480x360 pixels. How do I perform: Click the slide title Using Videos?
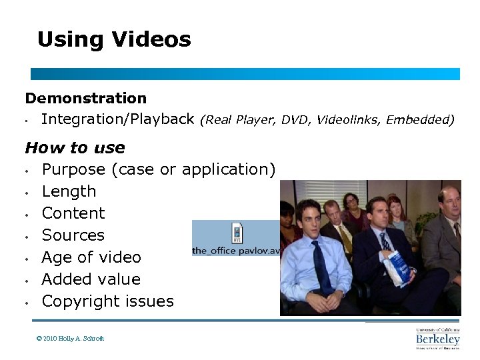coord(114,40)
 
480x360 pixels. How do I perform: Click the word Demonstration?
coord(86,99)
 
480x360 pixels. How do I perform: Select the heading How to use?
coord(75,147)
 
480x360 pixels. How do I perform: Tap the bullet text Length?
coord(69,191)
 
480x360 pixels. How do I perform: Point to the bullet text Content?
coord(73,213)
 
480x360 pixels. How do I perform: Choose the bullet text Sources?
coord(73,235)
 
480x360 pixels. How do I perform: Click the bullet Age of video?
coord(91,257)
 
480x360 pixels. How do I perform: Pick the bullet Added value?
coord(91,279)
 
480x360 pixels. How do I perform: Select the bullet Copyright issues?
coord(107,301)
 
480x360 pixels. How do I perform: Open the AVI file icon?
coord(237,233)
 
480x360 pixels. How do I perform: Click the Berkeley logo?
coord(438,338)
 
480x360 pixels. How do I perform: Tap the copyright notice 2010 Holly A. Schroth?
coord(71,339)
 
